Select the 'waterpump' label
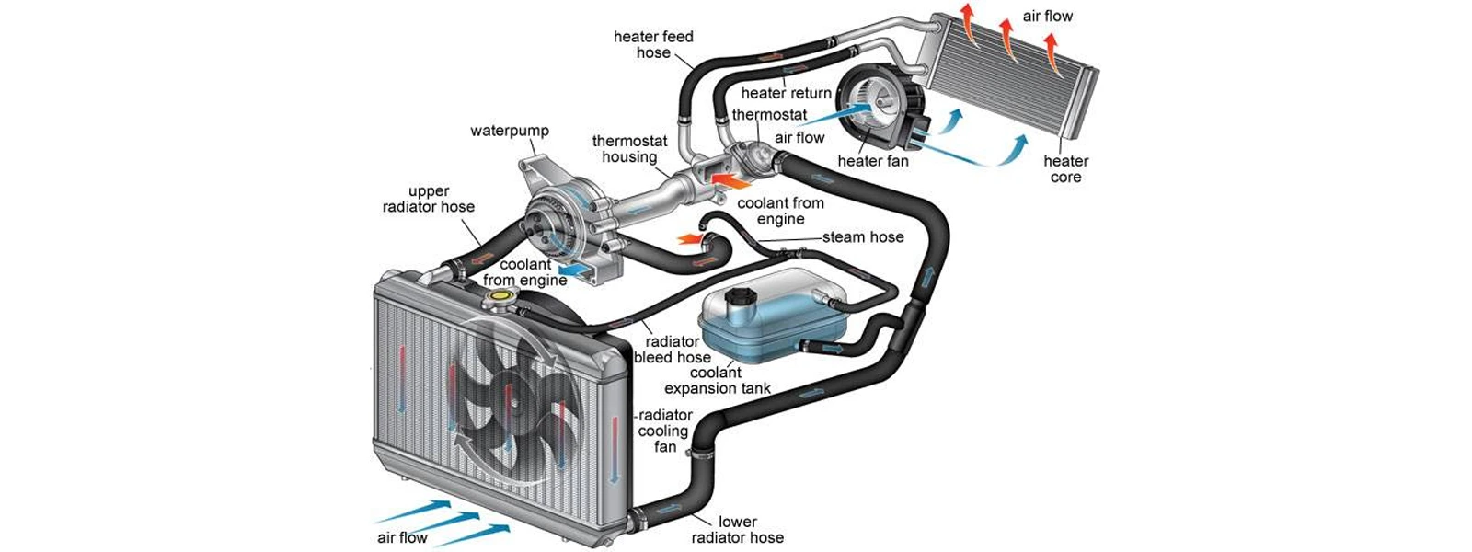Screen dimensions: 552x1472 510,131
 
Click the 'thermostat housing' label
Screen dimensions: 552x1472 629,149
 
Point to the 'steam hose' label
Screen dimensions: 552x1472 863,237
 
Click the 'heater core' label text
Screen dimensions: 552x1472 1065,169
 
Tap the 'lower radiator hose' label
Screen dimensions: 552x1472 738,530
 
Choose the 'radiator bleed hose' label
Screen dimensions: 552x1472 672,350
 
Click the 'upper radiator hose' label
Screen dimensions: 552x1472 429,199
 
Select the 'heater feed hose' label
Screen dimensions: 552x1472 653,44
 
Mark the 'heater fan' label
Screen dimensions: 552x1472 873,161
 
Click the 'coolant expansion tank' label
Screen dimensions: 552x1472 718,381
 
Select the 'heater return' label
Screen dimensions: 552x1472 786,93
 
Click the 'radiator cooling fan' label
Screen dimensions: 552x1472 664,431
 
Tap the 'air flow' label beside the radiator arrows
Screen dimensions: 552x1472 402,537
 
